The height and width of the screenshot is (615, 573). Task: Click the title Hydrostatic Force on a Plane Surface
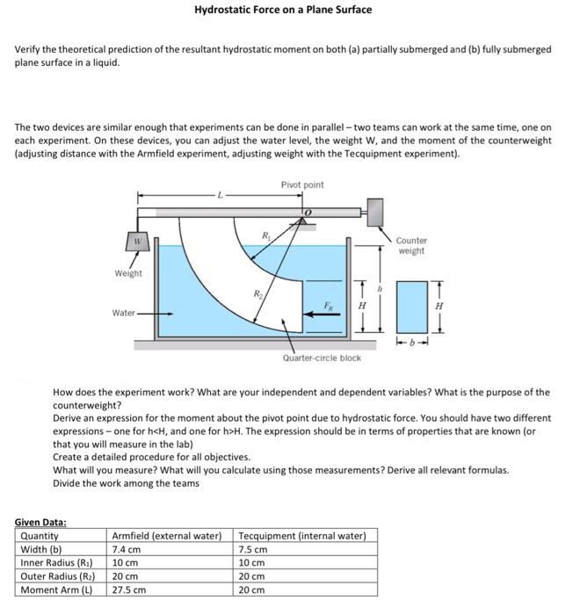point(283,10)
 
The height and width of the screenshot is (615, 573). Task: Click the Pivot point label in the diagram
point(302,184)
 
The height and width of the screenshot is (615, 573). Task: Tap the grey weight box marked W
point(137,241)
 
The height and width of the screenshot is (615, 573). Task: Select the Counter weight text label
point(410,245)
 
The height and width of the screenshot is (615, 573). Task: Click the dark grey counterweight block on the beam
point(374,211)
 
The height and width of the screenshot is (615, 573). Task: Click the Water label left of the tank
point(124,313)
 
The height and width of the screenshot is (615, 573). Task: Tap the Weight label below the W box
point(128,273)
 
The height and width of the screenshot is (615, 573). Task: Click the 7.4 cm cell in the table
point(127,549)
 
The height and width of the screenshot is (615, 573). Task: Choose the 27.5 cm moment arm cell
point(130,590)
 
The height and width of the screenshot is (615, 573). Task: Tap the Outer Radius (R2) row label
point(56,576)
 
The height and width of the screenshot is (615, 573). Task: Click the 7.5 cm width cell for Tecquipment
point(253,549)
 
